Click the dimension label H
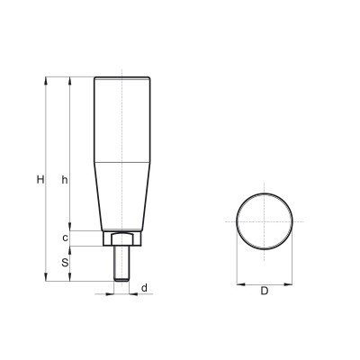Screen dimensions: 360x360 [x=40, y=180]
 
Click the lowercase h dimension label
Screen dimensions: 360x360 [x=65, y=180]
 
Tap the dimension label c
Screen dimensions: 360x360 [x=65, y=238]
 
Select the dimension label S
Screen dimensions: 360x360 [x=65, y=263]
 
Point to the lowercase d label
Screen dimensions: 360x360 [x=144, y=288]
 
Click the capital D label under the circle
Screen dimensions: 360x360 [x=264, y=291]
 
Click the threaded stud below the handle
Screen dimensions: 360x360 [x=121, y=264]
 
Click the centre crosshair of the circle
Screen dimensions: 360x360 [x=265, y=221]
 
